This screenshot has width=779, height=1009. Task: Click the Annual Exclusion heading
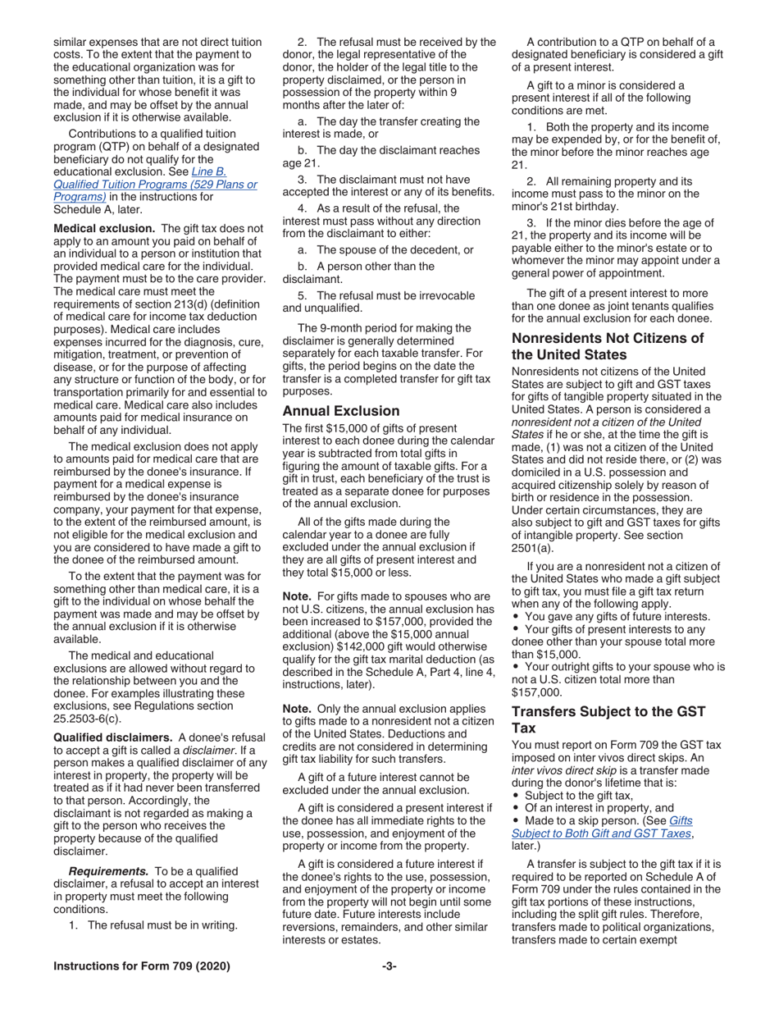(x=340, y=411)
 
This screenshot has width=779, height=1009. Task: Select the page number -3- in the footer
(x=389, y=966)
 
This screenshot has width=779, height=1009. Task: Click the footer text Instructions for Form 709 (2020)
(x=141, y=966)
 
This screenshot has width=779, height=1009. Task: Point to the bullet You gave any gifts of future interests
(x=617, y=616)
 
